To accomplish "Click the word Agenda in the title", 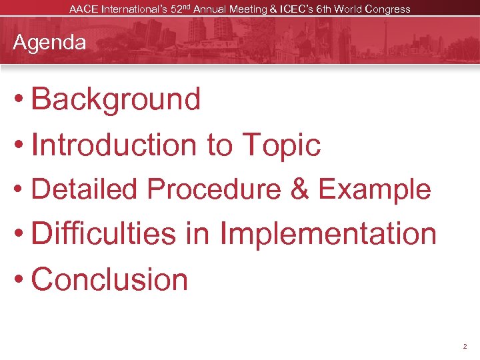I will tap(50, 43).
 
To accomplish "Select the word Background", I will tap(115, 99).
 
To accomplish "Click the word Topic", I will tap(281, 145).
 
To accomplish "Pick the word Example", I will tap(375, 190).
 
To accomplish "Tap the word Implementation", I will tap(328, 235).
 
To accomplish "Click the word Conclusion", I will tap(109, 279).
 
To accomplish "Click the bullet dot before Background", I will tap(19, 100).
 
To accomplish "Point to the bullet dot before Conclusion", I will tap(19, 280).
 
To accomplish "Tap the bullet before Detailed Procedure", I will tap(19, 191).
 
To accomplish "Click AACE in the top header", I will tap(83, 9).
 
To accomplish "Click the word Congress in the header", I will tap(387, 9).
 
